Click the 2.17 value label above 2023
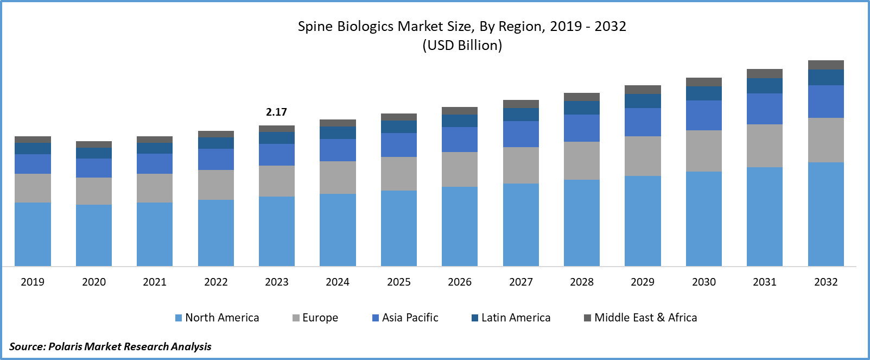pyautogui.click(x=276, y=112)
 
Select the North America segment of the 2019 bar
pyautogui.click(x=33, y=234)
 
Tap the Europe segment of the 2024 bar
pyautogui.click(x=338, y=178)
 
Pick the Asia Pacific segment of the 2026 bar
pyautogui.click(x=460, y=140)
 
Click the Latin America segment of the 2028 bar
pyautogui.click(x=582, y=108)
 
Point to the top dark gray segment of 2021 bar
pyautogui.click(x=155, y=140)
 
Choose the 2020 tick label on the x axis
pyautogui.click(x=94, y=282)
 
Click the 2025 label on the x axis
pyautogui.click(x=399, y=282)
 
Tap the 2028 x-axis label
pyautogui.click(x=582, y=282)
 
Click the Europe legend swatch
pyautogui.click(x=296, y=318)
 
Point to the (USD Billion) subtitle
pyautogui.click(x=462, y=45)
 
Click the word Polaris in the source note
pyautogui.click(x=65, y=346)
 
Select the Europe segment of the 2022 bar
pyautogui.click(x=216, y=185)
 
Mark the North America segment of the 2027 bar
pyautogui.click(x=521, y=224)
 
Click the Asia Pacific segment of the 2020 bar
pyautogui.click(x=94, y=168)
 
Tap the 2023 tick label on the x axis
pyautogui.click(x=277, y=282)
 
